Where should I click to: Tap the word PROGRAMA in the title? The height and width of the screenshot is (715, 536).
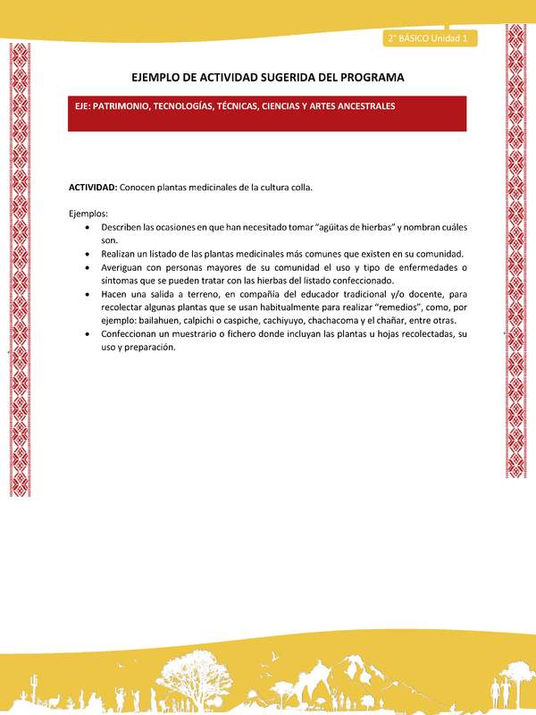click(369, 78)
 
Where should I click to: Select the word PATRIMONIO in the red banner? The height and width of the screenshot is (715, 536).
click(121, 105)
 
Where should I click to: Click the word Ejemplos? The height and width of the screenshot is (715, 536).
click(88, 214)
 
